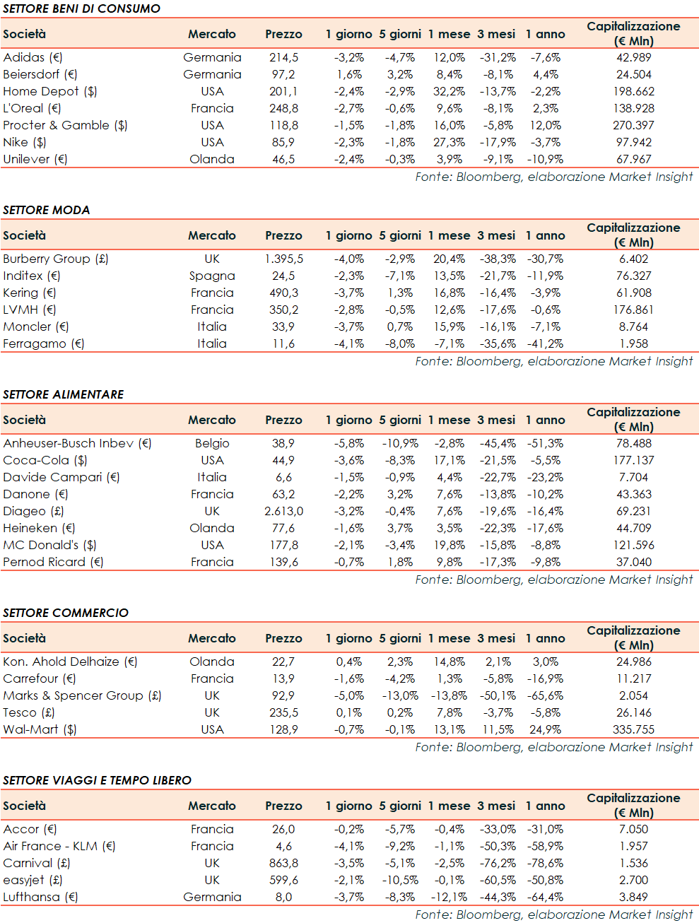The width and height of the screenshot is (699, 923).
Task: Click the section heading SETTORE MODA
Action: tap(47, 210)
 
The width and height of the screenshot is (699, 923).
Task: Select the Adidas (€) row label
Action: tap(33, 57)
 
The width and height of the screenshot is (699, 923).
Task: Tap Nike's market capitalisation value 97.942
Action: tap(633, 142)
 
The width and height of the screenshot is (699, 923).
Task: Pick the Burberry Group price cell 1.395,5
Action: tap(283, 259)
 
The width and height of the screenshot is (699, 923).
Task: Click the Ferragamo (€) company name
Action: tap(43, 343)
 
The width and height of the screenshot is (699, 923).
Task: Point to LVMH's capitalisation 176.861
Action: tap(633, 310)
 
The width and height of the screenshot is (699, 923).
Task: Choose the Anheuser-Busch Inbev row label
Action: tap(77, 443)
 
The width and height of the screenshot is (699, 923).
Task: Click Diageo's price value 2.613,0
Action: tap(283, 511)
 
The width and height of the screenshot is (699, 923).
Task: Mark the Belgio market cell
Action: tap(212, 443)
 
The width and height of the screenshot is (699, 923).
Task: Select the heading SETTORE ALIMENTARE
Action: tap(64, 394)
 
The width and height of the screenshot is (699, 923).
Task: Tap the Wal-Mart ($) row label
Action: tap(40, 729)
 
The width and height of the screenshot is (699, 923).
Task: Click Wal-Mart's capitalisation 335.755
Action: tap(633, 729)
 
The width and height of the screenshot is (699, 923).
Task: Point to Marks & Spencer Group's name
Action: tap(82, 695)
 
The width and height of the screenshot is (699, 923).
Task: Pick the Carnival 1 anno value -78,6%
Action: tap(545, 863)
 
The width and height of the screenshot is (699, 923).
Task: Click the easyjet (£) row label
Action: tap(33, 880)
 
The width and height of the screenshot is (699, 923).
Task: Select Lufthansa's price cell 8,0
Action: tap(283, 897)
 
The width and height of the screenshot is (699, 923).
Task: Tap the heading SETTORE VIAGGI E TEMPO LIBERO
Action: tap(98, 780)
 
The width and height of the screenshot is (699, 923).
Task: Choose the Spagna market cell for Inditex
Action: tap(212, 276)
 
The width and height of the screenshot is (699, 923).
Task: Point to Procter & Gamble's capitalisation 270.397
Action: tap(633, 125)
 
